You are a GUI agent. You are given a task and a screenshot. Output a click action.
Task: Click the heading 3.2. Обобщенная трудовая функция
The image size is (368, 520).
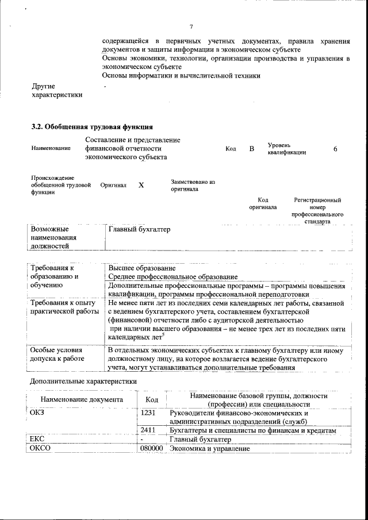pyautogui.click(x=91, y=126)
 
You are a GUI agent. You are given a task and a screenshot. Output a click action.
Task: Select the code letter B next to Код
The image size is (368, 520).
pyautogui.click(x=251, y=149)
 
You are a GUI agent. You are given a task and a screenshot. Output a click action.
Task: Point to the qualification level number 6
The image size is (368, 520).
pyautogui.click(x=335, y=149)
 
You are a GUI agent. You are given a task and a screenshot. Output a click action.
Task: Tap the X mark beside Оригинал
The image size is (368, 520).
pyautogui.click(x=141, y=186)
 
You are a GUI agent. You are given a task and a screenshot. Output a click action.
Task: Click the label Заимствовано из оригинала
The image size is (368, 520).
pyautogui.click(x=192, y=185)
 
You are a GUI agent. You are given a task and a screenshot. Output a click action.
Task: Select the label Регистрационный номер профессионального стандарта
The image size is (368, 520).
pyautogui.click(x=317, y=210)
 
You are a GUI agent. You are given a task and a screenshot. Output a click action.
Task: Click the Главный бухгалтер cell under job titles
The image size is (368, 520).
pyautogui.click(x=140, y=230)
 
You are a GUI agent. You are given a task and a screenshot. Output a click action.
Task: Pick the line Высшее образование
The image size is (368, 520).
pyautogui.click(x=142, y=268)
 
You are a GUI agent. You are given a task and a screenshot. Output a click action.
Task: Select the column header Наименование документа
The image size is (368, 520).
pyautogui.click(x=82, y=399)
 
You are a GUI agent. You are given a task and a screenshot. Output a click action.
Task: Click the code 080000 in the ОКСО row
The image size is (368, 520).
pyautogui.click(x=151, y=448)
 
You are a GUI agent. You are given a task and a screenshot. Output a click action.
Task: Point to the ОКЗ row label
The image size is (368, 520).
pyautogui.click(x=37, y=413)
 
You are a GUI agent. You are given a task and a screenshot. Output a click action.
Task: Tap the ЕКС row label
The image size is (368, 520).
pyautogui.click(x=37, y=440)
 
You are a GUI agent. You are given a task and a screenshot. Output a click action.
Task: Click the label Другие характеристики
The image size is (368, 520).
pyautogui.click(x=56, y=90)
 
